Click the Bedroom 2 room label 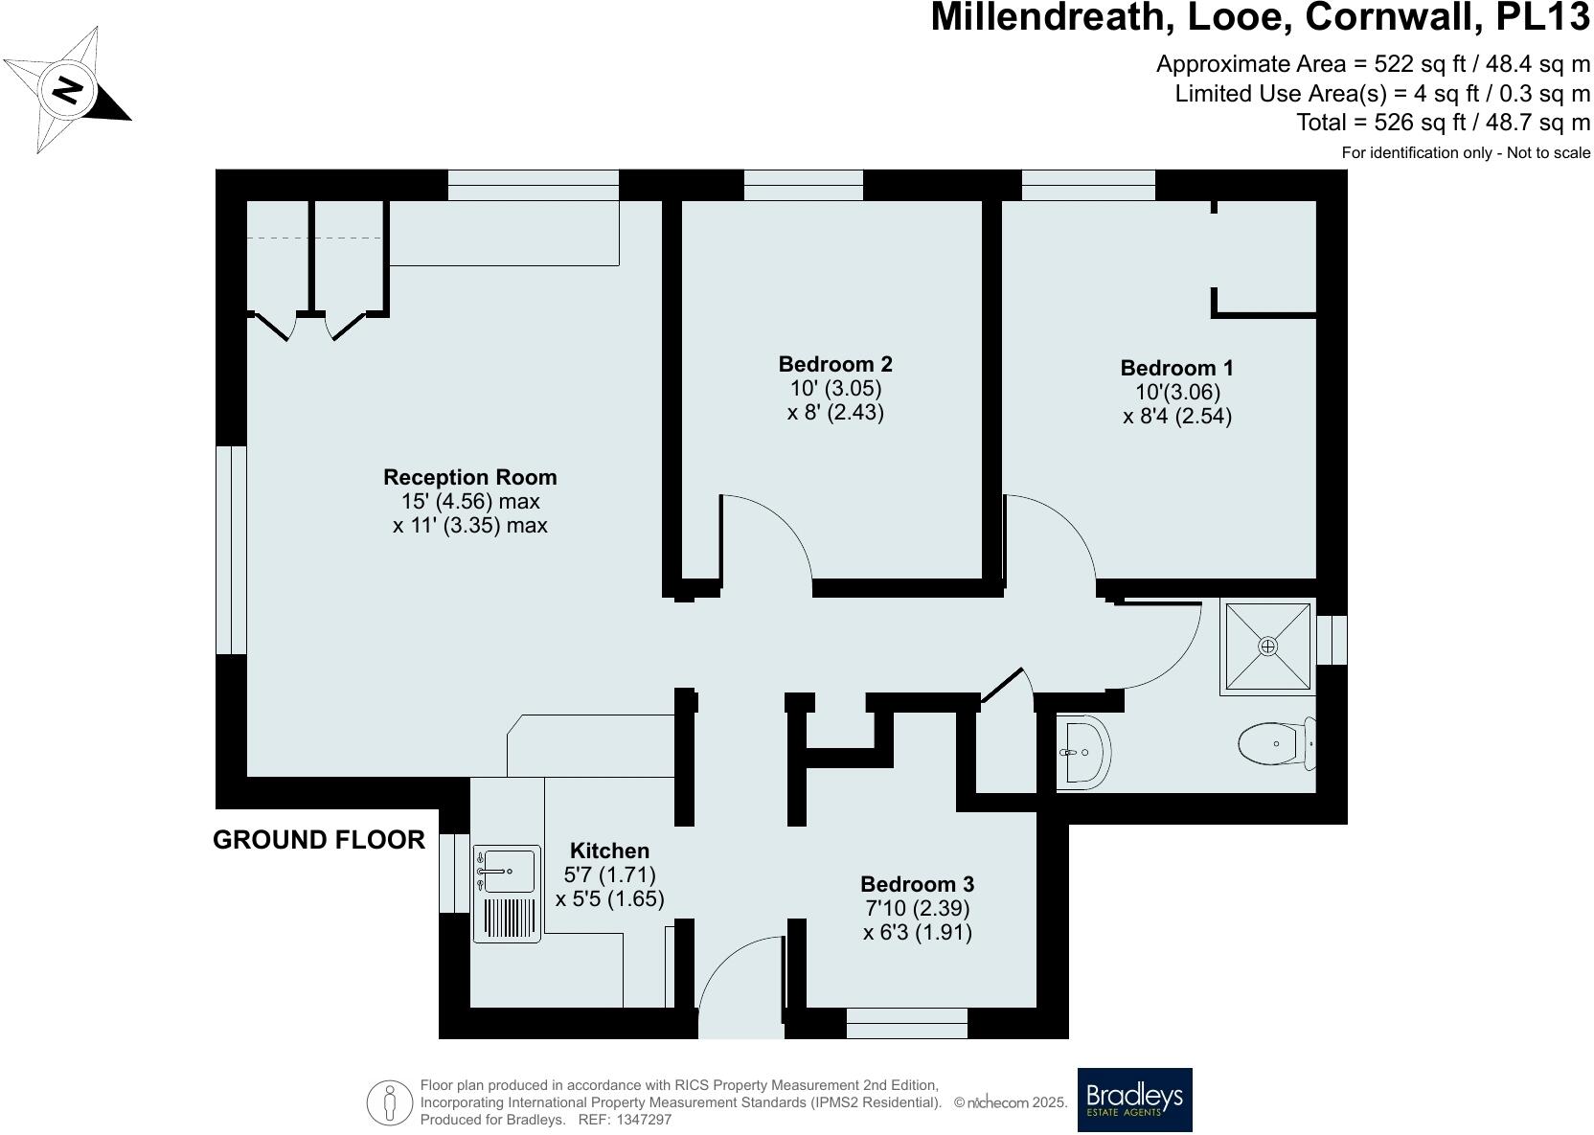click(835, 365)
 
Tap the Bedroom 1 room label click(1176, 369)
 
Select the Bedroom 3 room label click(917, 884)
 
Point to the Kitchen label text click(609, 851)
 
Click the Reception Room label click(469, 477)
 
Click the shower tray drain click(1267, 647)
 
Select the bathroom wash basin click(1084, 752)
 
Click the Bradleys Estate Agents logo click(1134, 1100)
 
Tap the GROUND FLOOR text click(318, 840)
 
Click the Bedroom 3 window click(906, 1023)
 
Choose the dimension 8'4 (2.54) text click(1176, 417)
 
